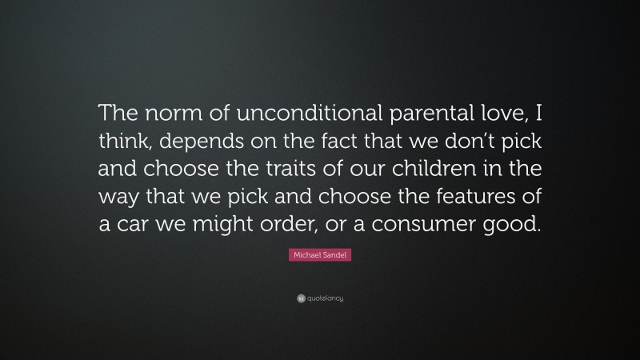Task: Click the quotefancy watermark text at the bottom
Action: [325, 299]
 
